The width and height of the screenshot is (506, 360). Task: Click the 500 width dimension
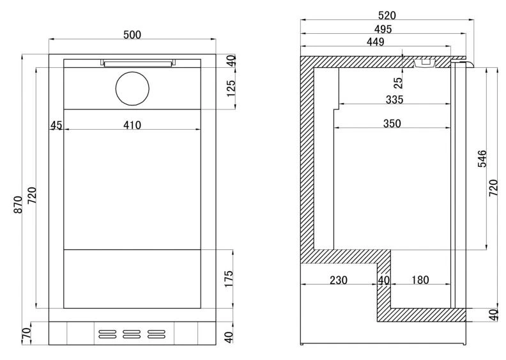132,35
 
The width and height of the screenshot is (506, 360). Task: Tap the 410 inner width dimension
132,125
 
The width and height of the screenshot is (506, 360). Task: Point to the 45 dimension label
56,125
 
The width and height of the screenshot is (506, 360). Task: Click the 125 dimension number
231,86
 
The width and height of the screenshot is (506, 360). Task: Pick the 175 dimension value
231,279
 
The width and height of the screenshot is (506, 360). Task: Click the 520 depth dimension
387,15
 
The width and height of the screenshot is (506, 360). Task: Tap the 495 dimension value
383,29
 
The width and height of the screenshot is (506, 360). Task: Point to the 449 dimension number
375,42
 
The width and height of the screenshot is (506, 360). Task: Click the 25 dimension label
399,82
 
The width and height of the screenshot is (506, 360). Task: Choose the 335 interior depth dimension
394,99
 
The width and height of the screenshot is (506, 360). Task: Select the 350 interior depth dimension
392,123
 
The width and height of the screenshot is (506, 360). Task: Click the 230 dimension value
338,280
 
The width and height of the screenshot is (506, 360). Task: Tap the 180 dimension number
420,280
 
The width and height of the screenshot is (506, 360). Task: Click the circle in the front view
133,89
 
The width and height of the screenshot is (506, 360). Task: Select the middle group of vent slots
132,333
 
